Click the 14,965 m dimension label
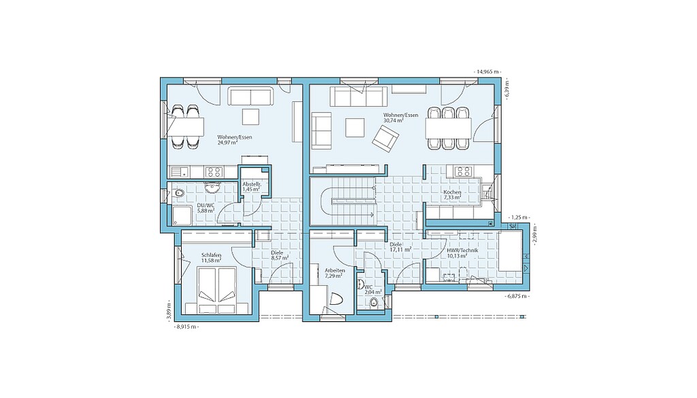pyautogui.click(x=487, y=71)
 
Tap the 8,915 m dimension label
pyautogui.click(x=187, y=327)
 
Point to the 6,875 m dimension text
pyautogui.click(x=518, y=296)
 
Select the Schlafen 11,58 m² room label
pyautogui.click(x=211, y=258)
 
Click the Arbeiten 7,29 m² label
pyautogui.click(x=334, y=273)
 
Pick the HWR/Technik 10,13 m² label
pyautogui.click(x=462, y=253)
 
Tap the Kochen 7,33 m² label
pyautogui.click(x=452, y=195)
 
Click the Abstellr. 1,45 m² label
pyautogui.click(x=251, y=186)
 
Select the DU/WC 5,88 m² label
pyautogui.click(x=206, y=208)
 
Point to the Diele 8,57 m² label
pyautogui.click(x=280, y=255)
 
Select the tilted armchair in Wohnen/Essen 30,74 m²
pyautogui.click(x=385, y=138)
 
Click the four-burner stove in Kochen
pyautogui.click(x=462, y=171)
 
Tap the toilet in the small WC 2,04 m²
pyautogui.click(x=374, y=303)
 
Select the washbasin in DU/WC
pyautogui.click(x=212, y=186)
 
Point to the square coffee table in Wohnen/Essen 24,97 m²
pyautogui.click(x=250, y=117)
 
